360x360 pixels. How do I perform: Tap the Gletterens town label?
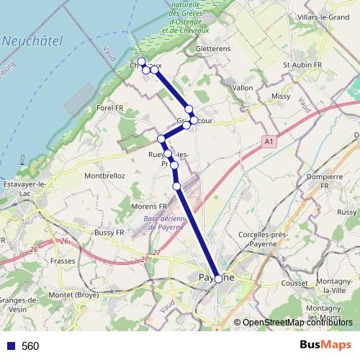pos(212,49)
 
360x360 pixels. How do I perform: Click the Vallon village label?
pos(243,88)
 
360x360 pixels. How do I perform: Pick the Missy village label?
pos(281,96)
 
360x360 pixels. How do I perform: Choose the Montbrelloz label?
pos(105,176)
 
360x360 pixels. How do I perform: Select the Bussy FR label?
pos(109,233)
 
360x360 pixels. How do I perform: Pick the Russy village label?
pos(346,212)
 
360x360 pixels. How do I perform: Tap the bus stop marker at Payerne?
pos(219,279)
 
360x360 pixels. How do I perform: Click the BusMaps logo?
pos(326,345)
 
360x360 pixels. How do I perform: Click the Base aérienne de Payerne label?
pos(165,222)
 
